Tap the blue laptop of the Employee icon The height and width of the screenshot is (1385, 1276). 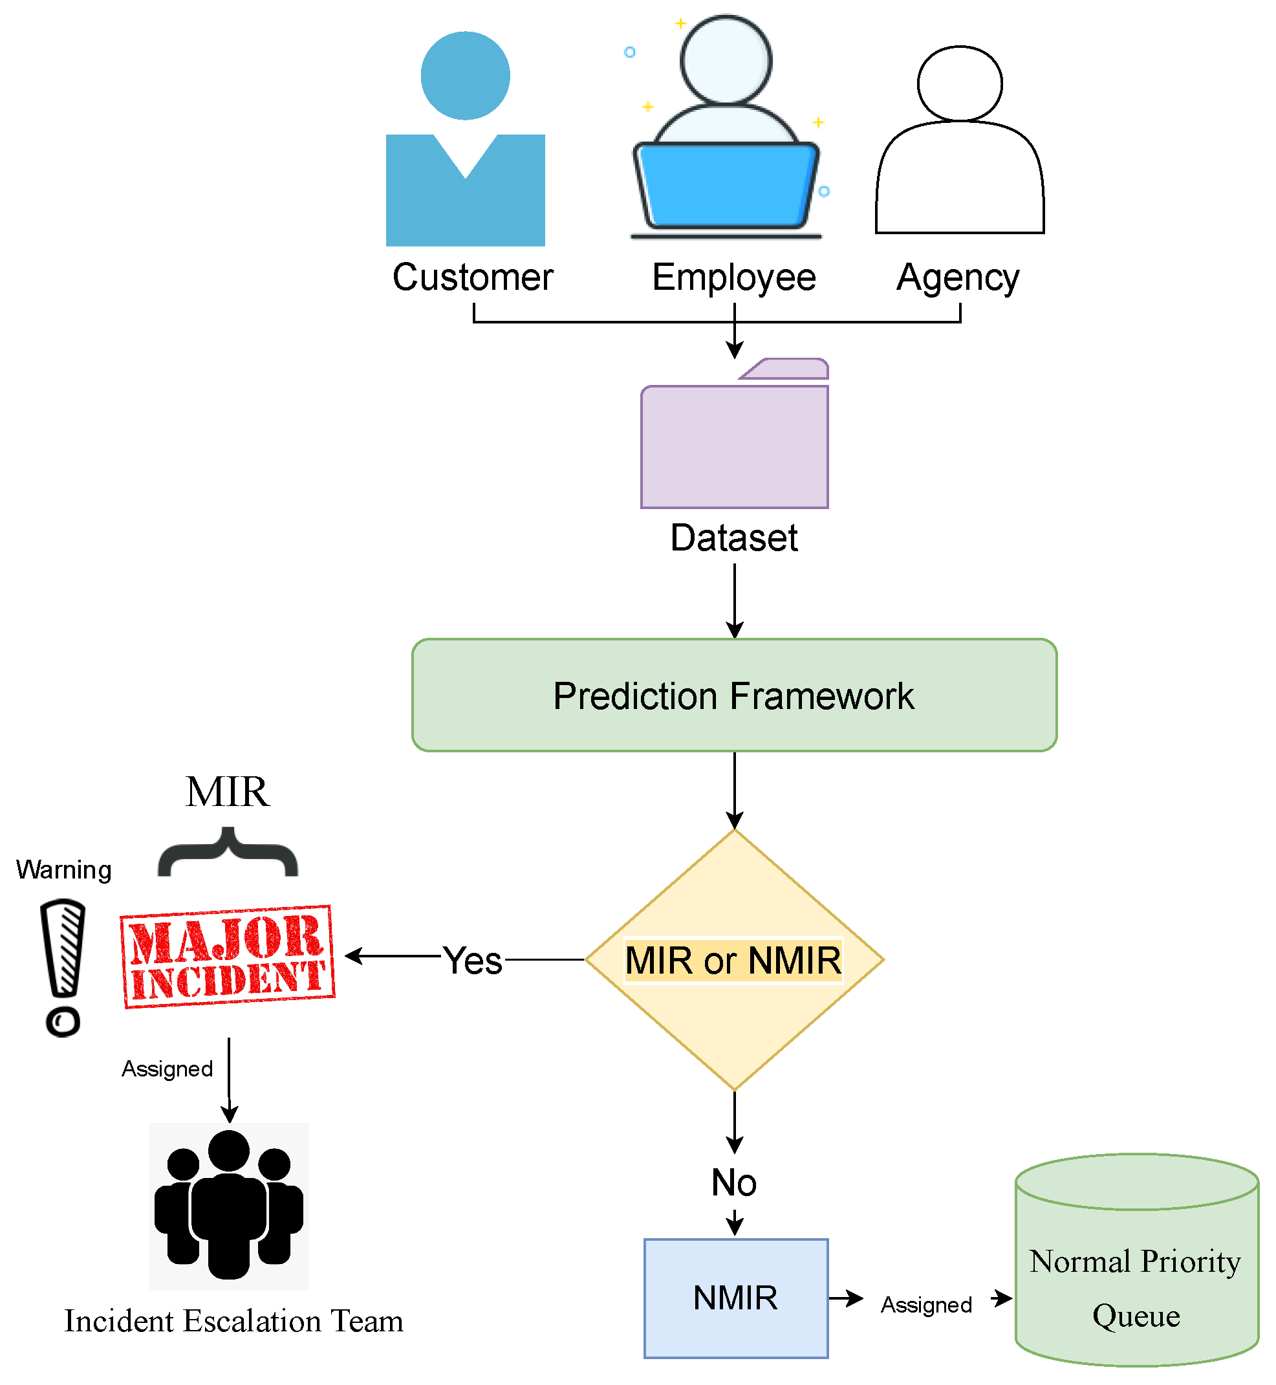(x=726, y=185)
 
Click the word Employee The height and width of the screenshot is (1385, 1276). (x=734, y=278)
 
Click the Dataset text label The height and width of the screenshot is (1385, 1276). (x=734, y=538)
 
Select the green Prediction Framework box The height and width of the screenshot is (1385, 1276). (x=735, y=695)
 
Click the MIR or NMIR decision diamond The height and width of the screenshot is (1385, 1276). (x=735, y=959)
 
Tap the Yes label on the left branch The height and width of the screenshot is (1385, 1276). (x=472, y=960)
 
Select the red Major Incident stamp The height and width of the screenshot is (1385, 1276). (x=227, y=956)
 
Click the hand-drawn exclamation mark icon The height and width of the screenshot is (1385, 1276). (x=63, y=967)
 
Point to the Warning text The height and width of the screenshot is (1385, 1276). (x=63, y=869)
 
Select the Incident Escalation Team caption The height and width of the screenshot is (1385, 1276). (x=233, y=1321)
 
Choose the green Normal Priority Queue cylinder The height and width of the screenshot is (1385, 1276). (x=1136, y=1260)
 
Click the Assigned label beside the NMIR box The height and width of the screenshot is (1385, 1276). (x=927, y=1305)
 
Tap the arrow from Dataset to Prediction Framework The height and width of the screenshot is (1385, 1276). (x=735, y=601)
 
